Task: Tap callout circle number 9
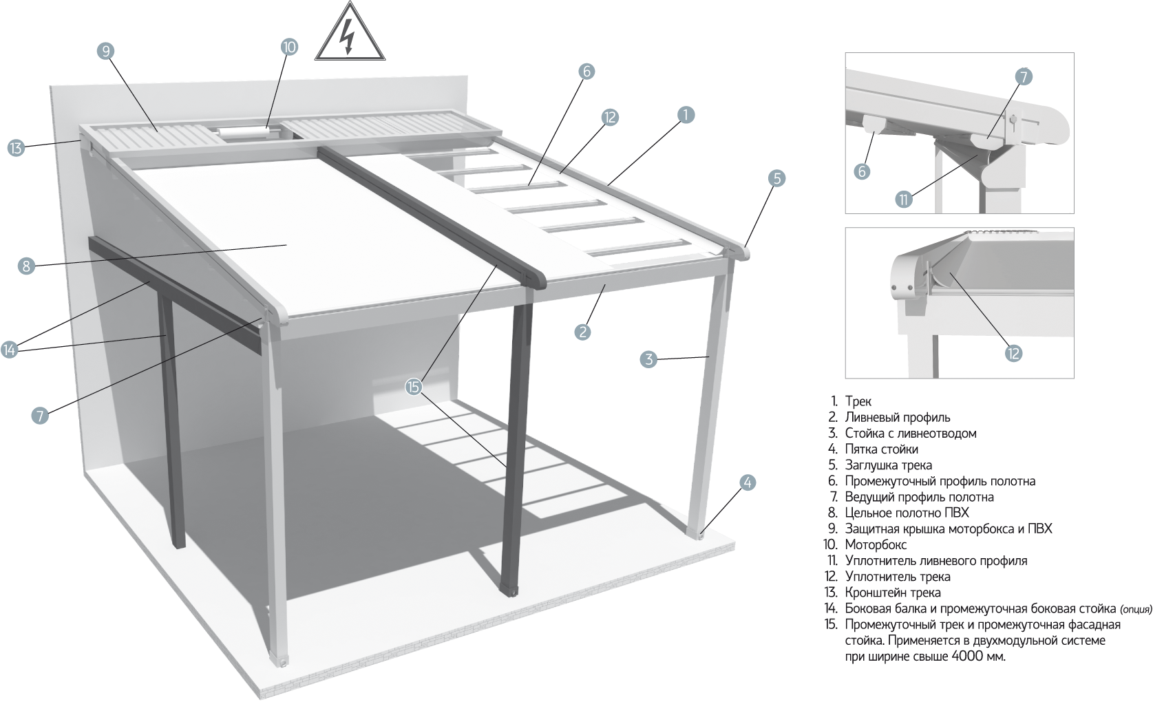pos(105,50)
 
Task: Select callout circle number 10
pos(289,47)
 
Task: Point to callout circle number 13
pos(15,147)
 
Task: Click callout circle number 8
pos(26,266)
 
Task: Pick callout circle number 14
pos(9,350)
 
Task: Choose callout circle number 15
pos(413,387)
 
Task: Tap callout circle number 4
pos(748,482)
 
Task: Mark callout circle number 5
pos(776,178)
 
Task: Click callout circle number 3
pos(648,359)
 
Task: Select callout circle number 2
pos(582,332)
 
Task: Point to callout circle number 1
pos(685,115)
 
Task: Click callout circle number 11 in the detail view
pos(904,200)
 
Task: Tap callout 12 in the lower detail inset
pos(1013,353)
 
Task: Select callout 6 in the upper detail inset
pos(862,171)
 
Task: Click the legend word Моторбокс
pos(876,545)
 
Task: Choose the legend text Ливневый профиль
pos(898,417)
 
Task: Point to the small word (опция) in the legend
pos(1136,609)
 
